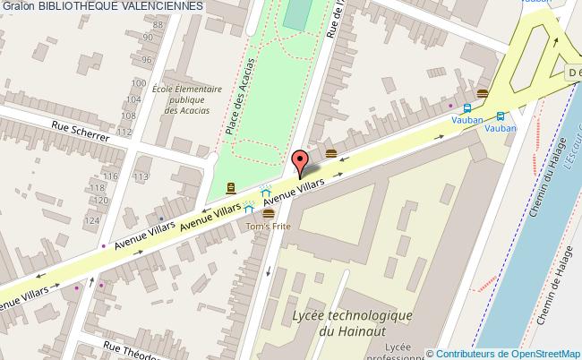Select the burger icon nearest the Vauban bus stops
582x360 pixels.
tap(483, 94)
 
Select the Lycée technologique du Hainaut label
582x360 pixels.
tap(351, 323)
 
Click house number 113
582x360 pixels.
tap(141, 177)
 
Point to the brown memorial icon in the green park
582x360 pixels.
tap(232, 187)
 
